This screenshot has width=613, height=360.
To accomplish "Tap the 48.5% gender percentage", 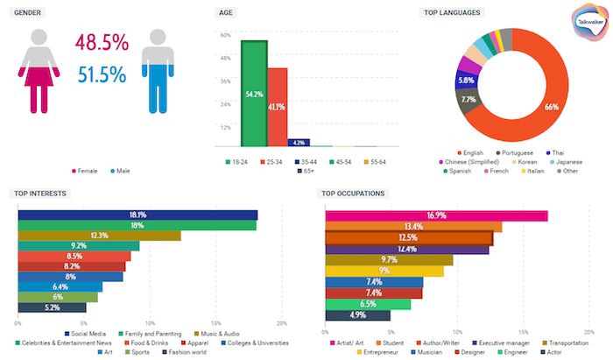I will [x=102, y=43].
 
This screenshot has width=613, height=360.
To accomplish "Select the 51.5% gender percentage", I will [x=102, y=75].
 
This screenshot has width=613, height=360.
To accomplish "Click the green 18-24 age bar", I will [x=254, y=94].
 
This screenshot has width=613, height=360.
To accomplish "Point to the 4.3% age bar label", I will [x=299, y=143].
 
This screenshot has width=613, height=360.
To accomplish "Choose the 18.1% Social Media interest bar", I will [x=137, y=215].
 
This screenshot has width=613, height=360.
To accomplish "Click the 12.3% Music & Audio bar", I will [x=99, y=236].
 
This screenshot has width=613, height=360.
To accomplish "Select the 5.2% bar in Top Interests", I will [x=52, y=307].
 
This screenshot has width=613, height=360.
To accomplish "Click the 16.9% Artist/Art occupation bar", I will [x=436, y=215].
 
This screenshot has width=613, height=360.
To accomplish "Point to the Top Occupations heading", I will [x=354, y=193].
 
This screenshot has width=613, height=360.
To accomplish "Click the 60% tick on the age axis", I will [x=224, y=36].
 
